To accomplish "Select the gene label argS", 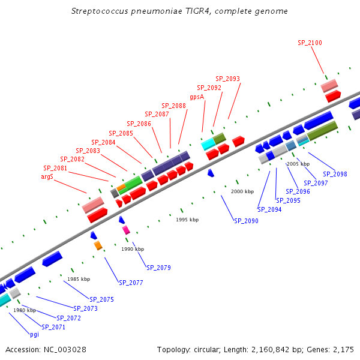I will [47, 176].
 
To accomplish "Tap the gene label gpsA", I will [197, 97].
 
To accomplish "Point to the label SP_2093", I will [227, 79].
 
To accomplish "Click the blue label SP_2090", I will [246, 221].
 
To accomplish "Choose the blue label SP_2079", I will [158, 267].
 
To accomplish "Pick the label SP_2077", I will [131, 282].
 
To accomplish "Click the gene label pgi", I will [34, 334].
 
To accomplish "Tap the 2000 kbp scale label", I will [242, 191].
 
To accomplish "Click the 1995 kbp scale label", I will [187, 220].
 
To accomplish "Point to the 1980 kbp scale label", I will [25, 310].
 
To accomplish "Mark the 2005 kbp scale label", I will [298, 164].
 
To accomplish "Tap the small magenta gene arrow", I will [126, 230].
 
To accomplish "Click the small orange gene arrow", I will [98, 245].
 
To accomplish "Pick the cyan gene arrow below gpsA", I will [208, 144].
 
